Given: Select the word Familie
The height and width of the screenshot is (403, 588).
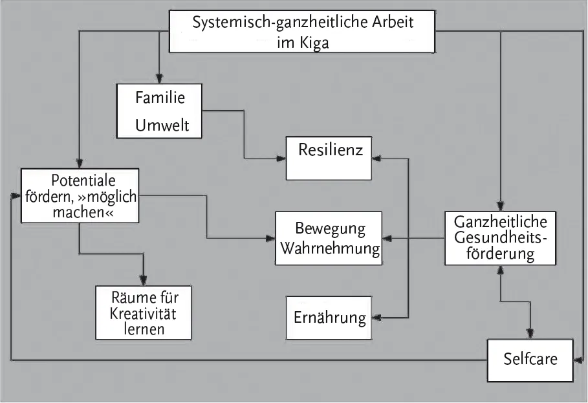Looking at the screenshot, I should coord(160,98).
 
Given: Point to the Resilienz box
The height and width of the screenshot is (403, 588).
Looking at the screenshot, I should coord(330,158).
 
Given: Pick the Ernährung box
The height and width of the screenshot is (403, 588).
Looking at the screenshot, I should coord(330,318).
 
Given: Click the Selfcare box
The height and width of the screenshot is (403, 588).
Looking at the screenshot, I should coord(530,358).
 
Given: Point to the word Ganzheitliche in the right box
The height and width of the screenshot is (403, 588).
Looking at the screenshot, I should coord(501,222).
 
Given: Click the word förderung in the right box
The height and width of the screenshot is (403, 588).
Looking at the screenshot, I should coord(501,254).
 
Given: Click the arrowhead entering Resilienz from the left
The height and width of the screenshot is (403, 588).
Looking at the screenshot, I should coord(281,158).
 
